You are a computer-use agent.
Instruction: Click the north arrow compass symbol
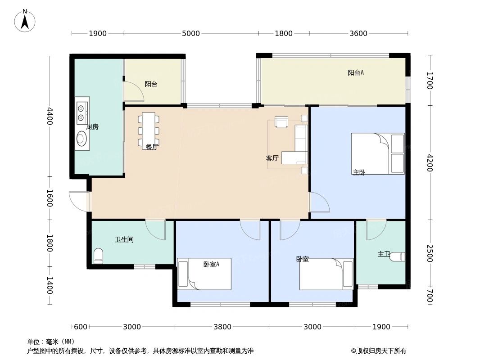click(x=25, y=20)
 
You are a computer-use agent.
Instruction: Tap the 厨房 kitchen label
click(x=92, y=127)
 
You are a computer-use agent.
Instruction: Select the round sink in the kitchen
click(x=82, y=139)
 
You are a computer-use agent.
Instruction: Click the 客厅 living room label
click(x=272, y=158)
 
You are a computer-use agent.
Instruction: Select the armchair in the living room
click(x=281, y=122)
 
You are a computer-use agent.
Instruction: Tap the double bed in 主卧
click(x=377, y=153)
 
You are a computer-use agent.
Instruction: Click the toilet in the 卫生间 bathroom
click(x=98, y=256)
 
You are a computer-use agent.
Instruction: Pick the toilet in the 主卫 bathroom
click(x=397, y=256)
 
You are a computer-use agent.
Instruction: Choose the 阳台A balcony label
click(x=356, y=72)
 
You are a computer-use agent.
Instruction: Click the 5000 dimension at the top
click(x=190, y=33)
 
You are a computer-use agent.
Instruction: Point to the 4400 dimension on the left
click(x=50, y=116)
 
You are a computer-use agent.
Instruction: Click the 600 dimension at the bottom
click(x=81, y=327)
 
